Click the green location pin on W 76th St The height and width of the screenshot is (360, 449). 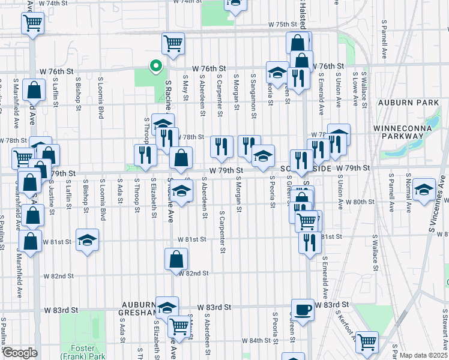point(155,66)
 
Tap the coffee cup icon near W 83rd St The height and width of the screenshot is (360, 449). point(303,310)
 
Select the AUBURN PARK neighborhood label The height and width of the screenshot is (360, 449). point(412,103)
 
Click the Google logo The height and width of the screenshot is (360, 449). point(20,353)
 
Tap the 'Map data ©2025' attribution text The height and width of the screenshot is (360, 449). point(423,355)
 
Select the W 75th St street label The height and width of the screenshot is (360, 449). point(283,25)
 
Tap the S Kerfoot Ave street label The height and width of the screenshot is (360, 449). point(343,325)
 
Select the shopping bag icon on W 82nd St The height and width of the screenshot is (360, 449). point(176,260)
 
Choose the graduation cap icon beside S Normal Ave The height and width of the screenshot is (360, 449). point(424,190)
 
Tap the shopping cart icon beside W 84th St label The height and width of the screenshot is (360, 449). point(366,342)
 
